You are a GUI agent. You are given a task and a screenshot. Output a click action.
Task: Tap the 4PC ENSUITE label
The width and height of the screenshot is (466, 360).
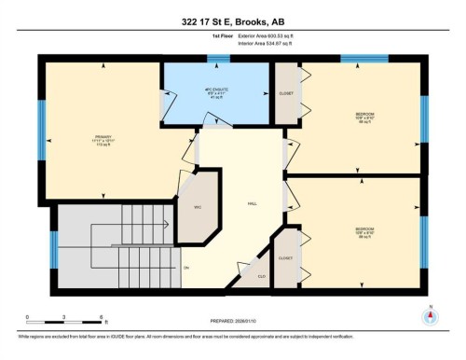pyautogui.click(x=217, y=91)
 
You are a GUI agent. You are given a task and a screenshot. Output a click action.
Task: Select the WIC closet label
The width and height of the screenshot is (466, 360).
pyautogui.click(x=197, y=207)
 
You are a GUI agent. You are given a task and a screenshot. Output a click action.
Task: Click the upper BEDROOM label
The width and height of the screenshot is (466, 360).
pyautogui.click(x=364, y=115)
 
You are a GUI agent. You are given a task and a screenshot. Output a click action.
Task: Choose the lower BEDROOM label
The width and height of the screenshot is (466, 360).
pyautogui.click(x=364, y=228)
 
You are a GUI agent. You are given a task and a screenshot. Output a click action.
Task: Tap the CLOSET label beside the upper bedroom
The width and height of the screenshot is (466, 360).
pyautogui.click(x=286, y=94)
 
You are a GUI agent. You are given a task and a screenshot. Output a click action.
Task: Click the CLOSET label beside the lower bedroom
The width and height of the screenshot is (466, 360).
pyautogui.click(x=286, y=258)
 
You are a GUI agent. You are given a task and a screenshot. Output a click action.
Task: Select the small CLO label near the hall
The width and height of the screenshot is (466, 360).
pyautogui.click(x=260, y=276)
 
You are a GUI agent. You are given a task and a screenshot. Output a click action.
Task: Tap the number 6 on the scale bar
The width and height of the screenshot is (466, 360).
pyautogui.click(x=102, y=318)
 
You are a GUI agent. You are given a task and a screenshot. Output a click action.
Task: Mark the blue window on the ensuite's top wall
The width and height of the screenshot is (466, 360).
pyautogui.click(x=218, y=60)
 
